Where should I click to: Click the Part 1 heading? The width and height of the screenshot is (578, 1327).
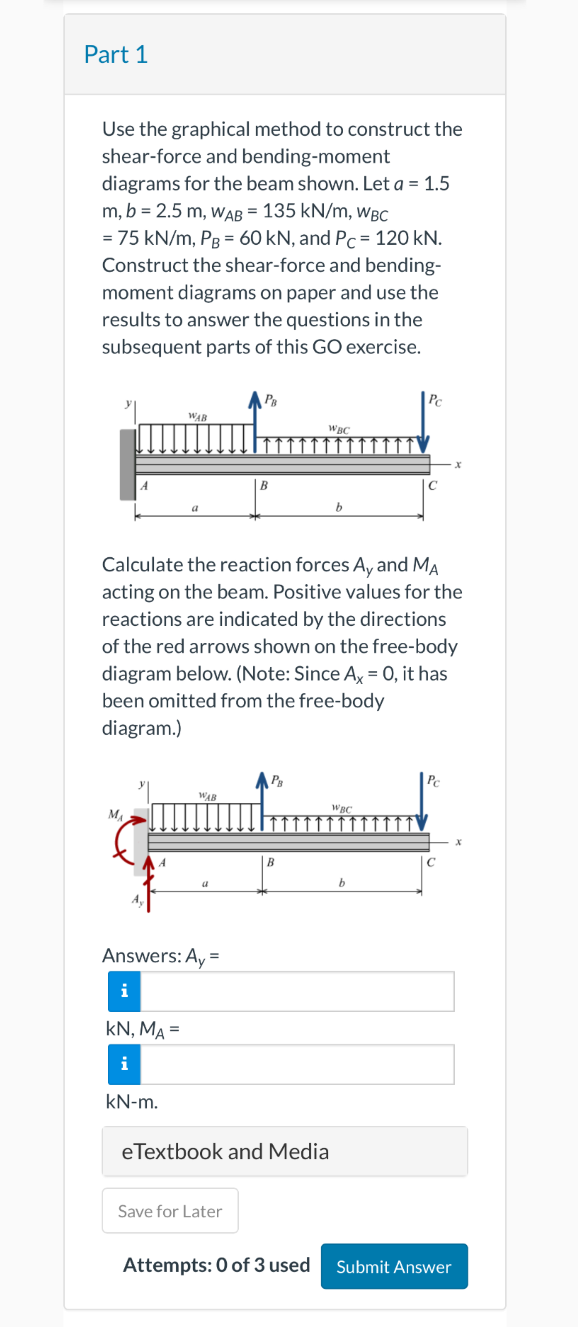pos(116,55)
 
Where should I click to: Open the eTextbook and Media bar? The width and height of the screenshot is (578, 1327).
pos(284,1151)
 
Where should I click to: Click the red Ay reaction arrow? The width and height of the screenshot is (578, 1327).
pos(149,886)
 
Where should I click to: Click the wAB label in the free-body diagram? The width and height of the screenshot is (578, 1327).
pos(208,796)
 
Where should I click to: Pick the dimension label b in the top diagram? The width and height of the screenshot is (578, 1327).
pos(338,507)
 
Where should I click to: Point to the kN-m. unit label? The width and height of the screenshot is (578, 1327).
pos(132,1102)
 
